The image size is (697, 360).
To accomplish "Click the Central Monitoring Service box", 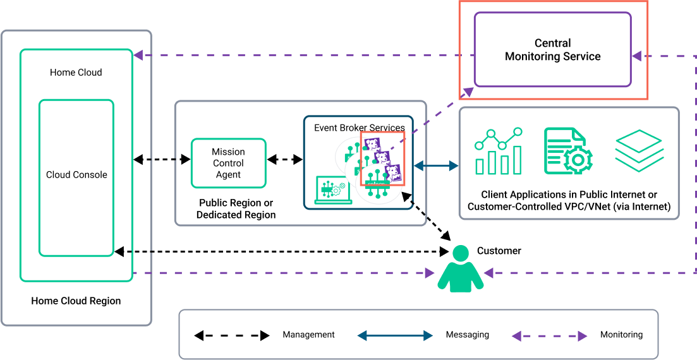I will coord(552,50).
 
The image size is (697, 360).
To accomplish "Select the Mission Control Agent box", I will coord(228,163).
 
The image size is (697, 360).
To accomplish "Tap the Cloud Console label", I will coord(76,175).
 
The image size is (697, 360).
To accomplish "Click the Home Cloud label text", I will coord(76,73).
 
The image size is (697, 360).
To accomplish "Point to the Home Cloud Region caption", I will coord(76,301).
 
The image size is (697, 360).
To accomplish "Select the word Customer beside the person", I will coord(499,251).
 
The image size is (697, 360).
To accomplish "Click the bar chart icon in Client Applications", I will coord(499,151).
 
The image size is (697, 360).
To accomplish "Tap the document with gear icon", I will coord(568,151).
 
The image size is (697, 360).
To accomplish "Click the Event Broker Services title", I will coord(359,128).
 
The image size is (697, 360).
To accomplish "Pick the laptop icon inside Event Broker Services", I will coord(333,189).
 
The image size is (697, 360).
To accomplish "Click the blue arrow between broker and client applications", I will coord(436,166).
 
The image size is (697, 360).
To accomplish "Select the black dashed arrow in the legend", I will coord(231,335).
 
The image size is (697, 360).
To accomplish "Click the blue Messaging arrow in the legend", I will coord(395,335).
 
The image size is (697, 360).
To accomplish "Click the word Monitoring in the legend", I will coord(621,335).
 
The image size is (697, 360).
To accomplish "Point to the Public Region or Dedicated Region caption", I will coord(236,209).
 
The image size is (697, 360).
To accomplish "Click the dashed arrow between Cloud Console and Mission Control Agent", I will coord(162,160).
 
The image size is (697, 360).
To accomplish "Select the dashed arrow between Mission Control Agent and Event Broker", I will coord(284,160).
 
